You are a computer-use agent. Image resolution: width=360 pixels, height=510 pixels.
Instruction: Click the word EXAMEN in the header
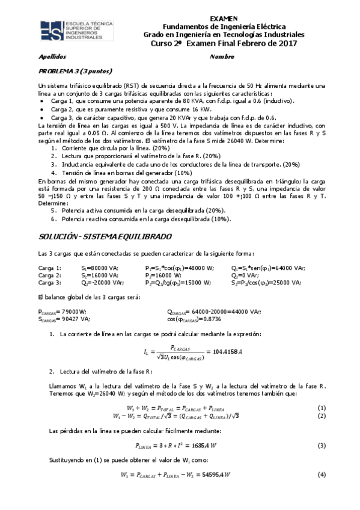click(x=225, y=19)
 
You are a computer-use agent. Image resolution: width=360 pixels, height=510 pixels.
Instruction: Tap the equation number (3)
click(x=322, y=446)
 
